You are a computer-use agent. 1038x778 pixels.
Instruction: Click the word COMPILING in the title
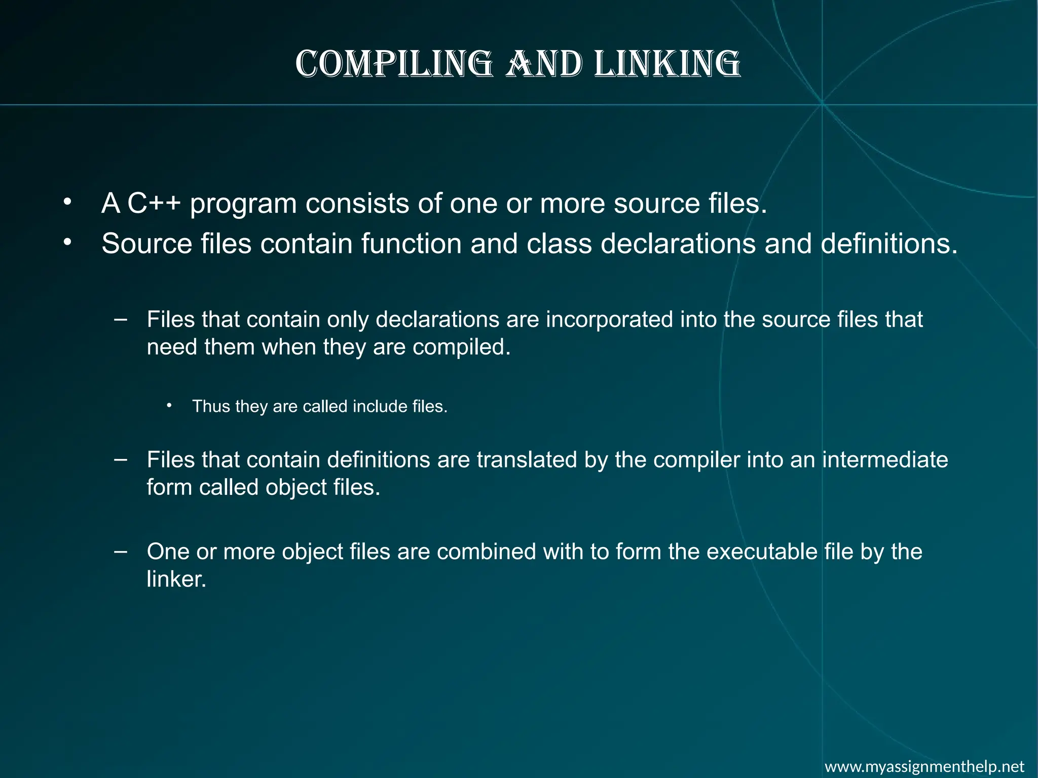click(394, 64)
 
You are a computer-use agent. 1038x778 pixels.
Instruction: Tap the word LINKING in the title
click(667, 64)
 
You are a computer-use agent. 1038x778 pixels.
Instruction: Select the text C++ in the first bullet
click(154, 204)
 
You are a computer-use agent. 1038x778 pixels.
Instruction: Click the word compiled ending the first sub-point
click(462, 347)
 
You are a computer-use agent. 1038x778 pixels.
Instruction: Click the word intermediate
click(884, 460)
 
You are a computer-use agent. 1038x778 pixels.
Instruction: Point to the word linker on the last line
click(176, 579)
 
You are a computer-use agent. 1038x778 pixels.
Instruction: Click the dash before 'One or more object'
click(121, 551)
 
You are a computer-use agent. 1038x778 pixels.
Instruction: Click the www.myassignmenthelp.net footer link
click(924, 766)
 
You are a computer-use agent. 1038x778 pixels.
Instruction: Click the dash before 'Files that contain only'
click(121, 319)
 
